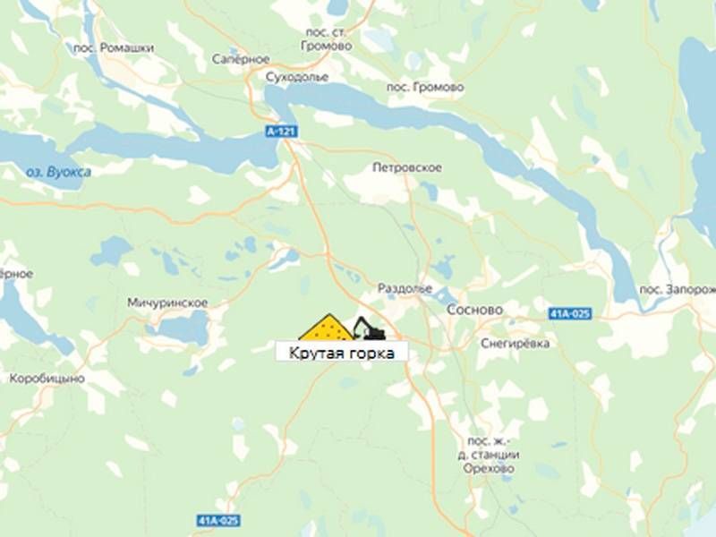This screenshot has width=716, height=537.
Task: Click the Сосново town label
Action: (474, 310)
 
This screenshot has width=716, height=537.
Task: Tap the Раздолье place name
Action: (405, 289)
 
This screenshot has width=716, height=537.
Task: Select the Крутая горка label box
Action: (341, 352)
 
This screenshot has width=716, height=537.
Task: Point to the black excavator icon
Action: (368, 328)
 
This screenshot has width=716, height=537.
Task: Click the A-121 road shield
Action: (281, 132)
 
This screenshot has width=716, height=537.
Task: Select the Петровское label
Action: (406, 167)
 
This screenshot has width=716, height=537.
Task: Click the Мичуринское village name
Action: (167, 303)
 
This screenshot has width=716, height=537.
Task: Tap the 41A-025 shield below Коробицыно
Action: (218, 520)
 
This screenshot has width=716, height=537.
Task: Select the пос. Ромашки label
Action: (115, 47)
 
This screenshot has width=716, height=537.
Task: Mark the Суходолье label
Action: (292, 77)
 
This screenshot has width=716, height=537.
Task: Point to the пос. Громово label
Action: (425, 88)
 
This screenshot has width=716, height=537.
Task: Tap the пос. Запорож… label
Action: (678, 290)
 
